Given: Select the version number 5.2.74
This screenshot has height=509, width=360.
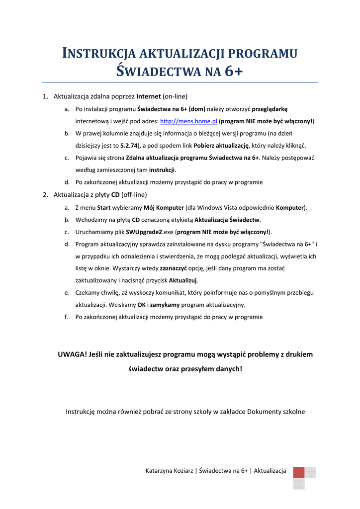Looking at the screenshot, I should coord(128,146).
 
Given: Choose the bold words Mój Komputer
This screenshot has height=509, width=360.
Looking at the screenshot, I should coord(163,207).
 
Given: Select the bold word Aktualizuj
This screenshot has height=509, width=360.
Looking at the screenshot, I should coord(183,280).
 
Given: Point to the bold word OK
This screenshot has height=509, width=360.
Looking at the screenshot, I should coord(141,305).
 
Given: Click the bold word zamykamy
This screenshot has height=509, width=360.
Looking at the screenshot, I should coord(164,305).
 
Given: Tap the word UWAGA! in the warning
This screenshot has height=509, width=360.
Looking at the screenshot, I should coord(72,354).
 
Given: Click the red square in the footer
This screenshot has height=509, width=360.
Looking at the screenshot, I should coord(299,473).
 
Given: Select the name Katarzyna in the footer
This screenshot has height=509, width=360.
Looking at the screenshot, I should coord(160,471).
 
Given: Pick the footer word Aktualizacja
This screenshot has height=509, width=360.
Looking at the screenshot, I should coord(270,471).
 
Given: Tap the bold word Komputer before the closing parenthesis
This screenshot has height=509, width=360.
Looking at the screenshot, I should coord(290,207).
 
